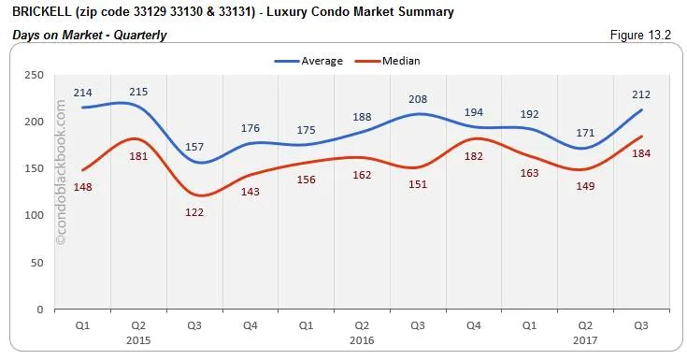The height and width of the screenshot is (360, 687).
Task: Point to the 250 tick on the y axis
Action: (x=34, y=75)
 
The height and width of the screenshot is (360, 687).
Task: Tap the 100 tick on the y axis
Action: (x=34, y=215)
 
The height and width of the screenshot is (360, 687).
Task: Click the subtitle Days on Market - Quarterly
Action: (x=89, y=35)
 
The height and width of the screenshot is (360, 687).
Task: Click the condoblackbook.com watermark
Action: (x=63, y=173)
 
